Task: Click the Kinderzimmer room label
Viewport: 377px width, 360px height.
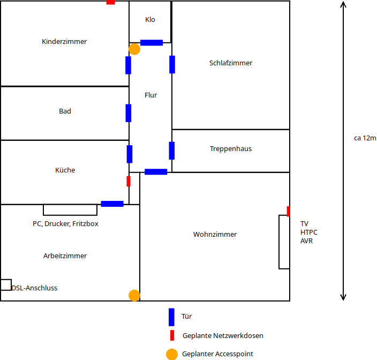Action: click(64, 41)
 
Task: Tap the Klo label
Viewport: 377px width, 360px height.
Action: click(150, 19)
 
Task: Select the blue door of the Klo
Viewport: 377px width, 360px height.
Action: click(152, 43)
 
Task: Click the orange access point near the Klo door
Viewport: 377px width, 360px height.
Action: click(134, 49)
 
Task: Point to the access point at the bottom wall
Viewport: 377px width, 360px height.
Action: click(134, 295)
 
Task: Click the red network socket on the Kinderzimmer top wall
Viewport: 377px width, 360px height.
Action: click(111, 2)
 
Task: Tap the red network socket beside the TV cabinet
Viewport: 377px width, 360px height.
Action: click(289, 211)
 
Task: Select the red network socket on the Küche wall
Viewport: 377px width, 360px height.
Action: click(129, 181)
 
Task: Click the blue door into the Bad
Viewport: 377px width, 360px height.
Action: click(129, 113)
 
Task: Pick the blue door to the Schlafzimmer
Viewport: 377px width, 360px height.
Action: click(172, 64)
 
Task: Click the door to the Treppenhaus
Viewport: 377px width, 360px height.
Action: click(172, 151)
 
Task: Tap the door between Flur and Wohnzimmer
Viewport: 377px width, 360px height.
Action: click(156, 172)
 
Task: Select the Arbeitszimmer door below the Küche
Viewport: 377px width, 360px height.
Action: click(112, 204)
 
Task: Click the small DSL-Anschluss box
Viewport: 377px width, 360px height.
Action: click(6, 284)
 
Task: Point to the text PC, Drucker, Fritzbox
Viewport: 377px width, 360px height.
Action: click(65, 223)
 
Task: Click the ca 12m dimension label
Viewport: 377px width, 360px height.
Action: click(365, 138)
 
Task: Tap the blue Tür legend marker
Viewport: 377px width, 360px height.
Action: click(171, 317)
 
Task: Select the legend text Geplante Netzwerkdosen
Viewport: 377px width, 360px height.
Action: click(223, 335)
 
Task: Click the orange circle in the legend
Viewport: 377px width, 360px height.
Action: click(172, 354)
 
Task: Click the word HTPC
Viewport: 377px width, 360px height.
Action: click(309, 232)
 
